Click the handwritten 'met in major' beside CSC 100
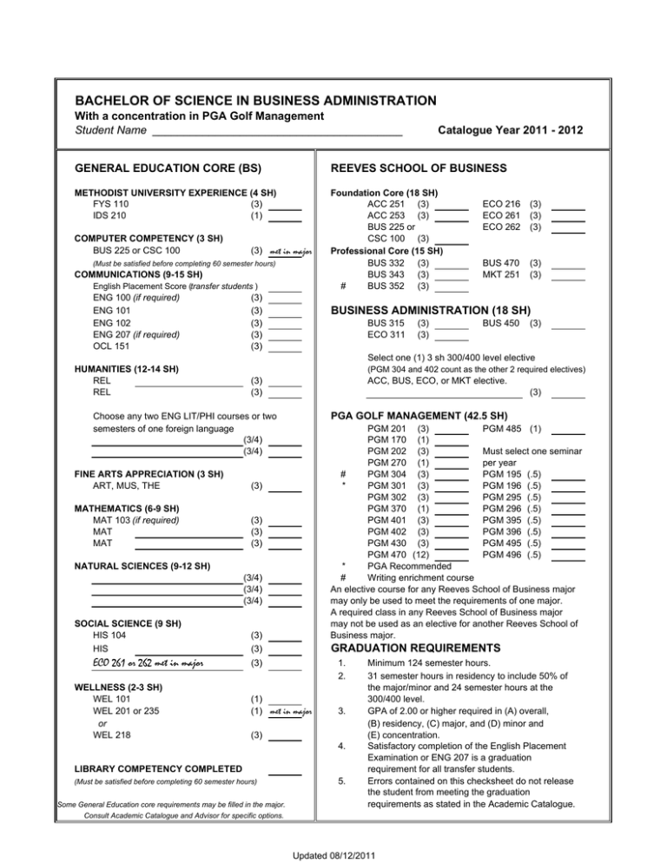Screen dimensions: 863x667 (290, 252)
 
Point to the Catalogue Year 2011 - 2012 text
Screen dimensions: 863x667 (510, 131)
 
